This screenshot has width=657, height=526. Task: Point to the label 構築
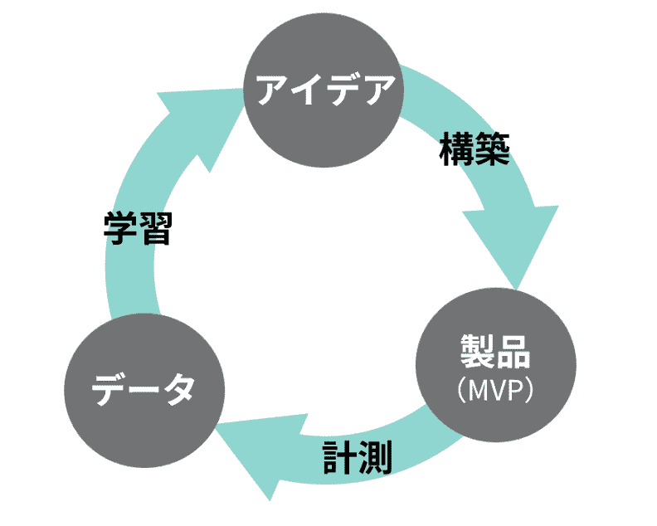coord(474,150)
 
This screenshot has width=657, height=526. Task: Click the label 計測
coord(357,457)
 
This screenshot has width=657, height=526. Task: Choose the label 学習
coord(138,228)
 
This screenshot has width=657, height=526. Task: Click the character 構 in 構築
coord(456,150)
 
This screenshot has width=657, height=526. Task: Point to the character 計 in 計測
coord(338,457)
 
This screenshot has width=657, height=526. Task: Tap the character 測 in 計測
coord(375,457)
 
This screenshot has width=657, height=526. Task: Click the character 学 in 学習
coord(120,228)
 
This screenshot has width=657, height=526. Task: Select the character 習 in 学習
coord(155,228)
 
